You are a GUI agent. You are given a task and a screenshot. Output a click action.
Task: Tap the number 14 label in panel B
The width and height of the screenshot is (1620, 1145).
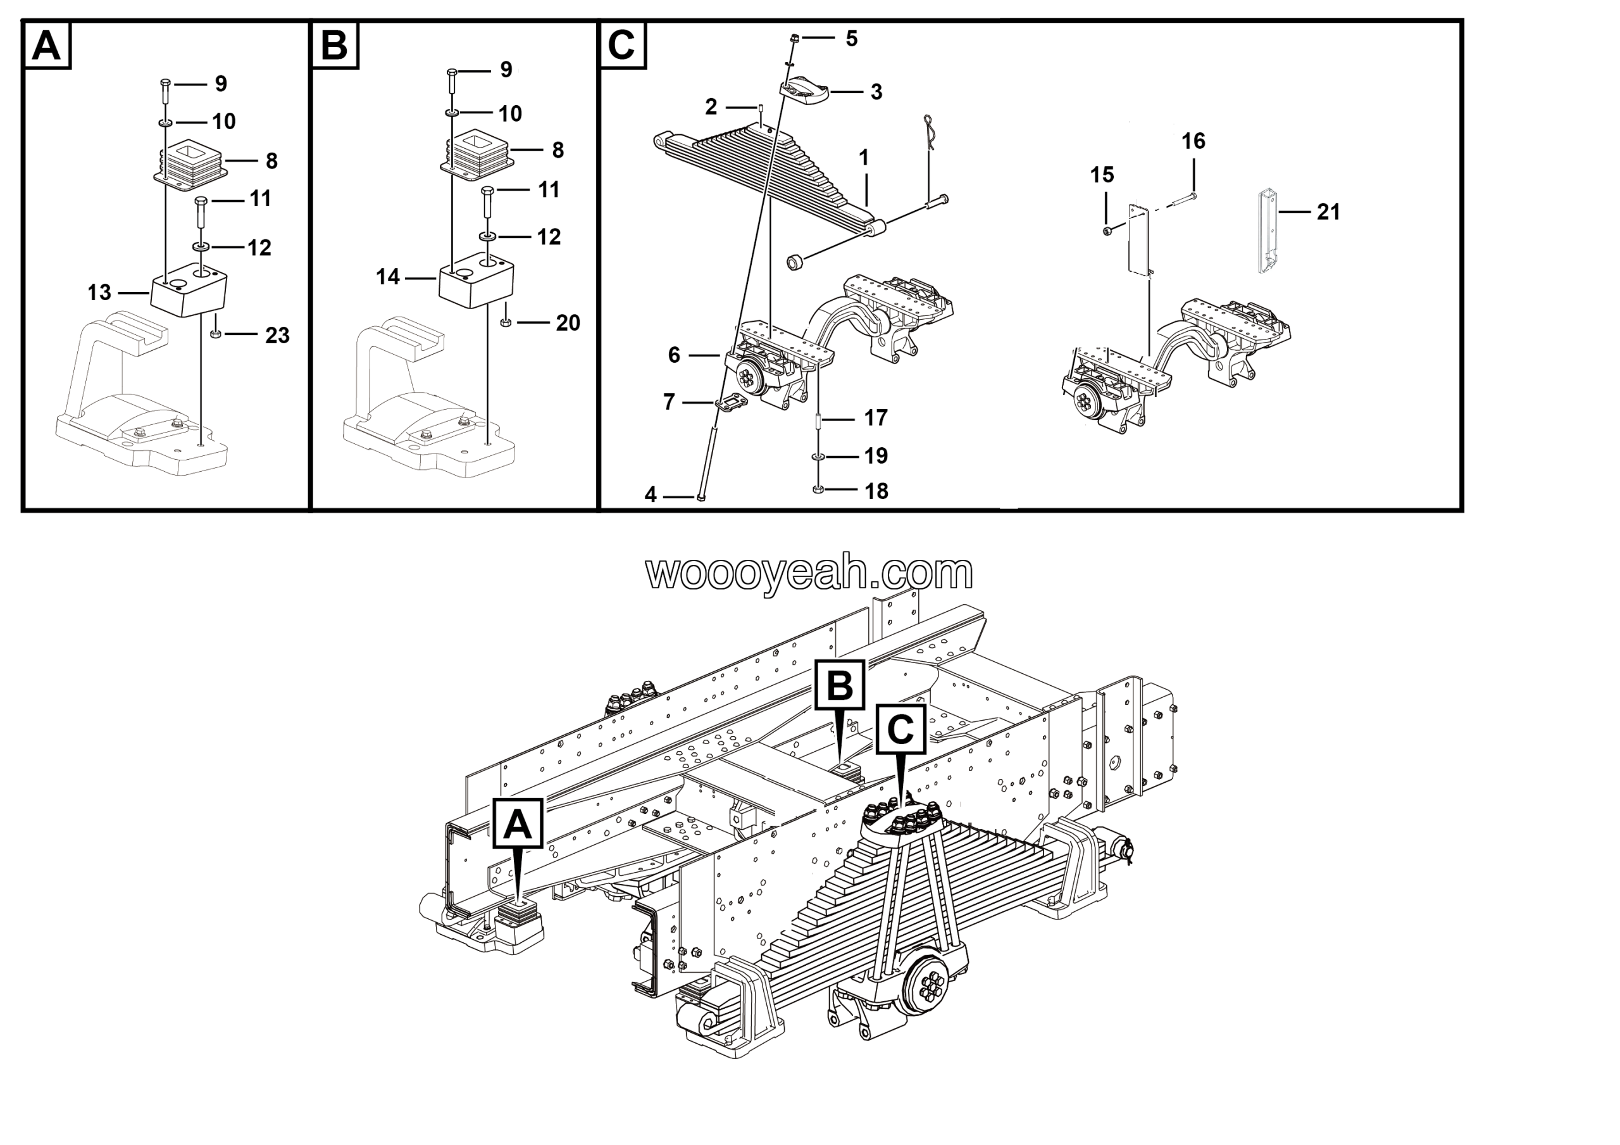click(388, 277)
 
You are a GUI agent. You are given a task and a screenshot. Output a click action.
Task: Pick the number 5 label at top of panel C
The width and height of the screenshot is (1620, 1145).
click(852, 38)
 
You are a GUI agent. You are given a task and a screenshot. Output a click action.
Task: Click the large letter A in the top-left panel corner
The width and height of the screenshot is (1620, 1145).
click(47, 46)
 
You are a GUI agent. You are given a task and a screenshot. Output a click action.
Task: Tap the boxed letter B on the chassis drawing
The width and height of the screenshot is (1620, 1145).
click(840, 685)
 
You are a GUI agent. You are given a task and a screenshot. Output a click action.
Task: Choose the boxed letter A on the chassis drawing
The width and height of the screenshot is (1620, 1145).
click(518, 823)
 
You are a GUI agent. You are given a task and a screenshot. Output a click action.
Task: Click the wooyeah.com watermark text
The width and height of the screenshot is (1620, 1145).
click(809, 573)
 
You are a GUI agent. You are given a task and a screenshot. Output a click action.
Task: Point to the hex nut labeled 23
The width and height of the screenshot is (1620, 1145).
click(216, 333)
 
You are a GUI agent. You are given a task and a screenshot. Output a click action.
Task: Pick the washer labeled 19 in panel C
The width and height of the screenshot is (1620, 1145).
click(818, 457)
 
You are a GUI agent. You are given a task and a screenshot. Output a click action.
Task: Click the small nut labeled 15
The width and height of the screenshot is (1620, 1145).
click(1107, 231)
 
